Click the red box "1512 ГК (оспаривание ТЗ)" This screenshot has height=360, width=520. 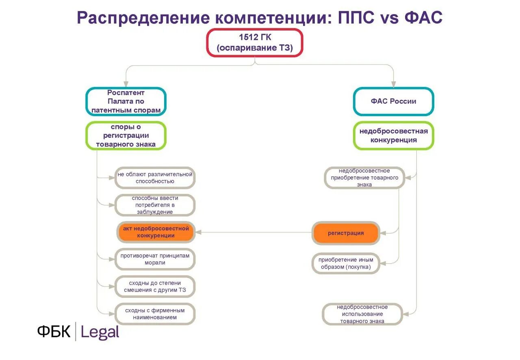255,43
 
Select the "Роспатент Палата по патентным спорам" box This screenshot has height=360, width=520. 126,102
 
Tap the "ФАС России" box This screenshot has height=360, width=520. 393,102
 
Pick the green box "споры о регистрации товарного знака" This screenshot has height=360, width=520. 126,136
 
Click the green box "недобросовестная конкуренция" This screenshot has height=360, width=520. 393,136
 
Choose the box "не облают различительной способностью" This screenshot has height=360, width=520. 155,178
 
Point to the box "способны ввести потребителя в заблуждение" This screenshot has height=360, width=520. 155,205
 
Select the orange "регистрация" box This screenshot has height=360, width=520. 346,233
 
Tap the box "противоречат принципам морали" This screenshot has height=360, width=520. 155,259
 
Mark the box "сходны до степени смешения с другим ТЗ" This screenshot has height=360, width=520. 155,286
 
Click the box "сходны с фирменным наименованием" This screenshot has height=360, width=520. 155,314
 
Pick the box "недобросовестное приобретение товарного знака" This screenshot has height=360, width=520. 364,178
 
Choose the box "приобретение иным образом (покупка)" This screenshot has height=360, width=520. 345,263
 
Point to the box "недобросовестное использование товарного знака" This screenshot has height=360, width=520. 362,314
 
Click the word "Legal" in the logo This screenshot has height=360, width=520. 100,332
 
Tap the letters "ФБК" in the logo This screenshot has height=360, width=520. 54,332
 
